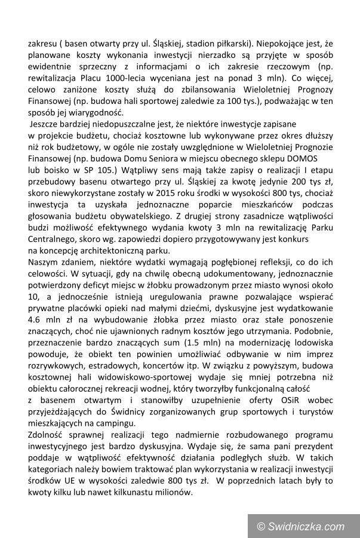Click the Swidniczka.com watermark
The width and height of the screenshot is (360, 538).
(301, 526)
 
